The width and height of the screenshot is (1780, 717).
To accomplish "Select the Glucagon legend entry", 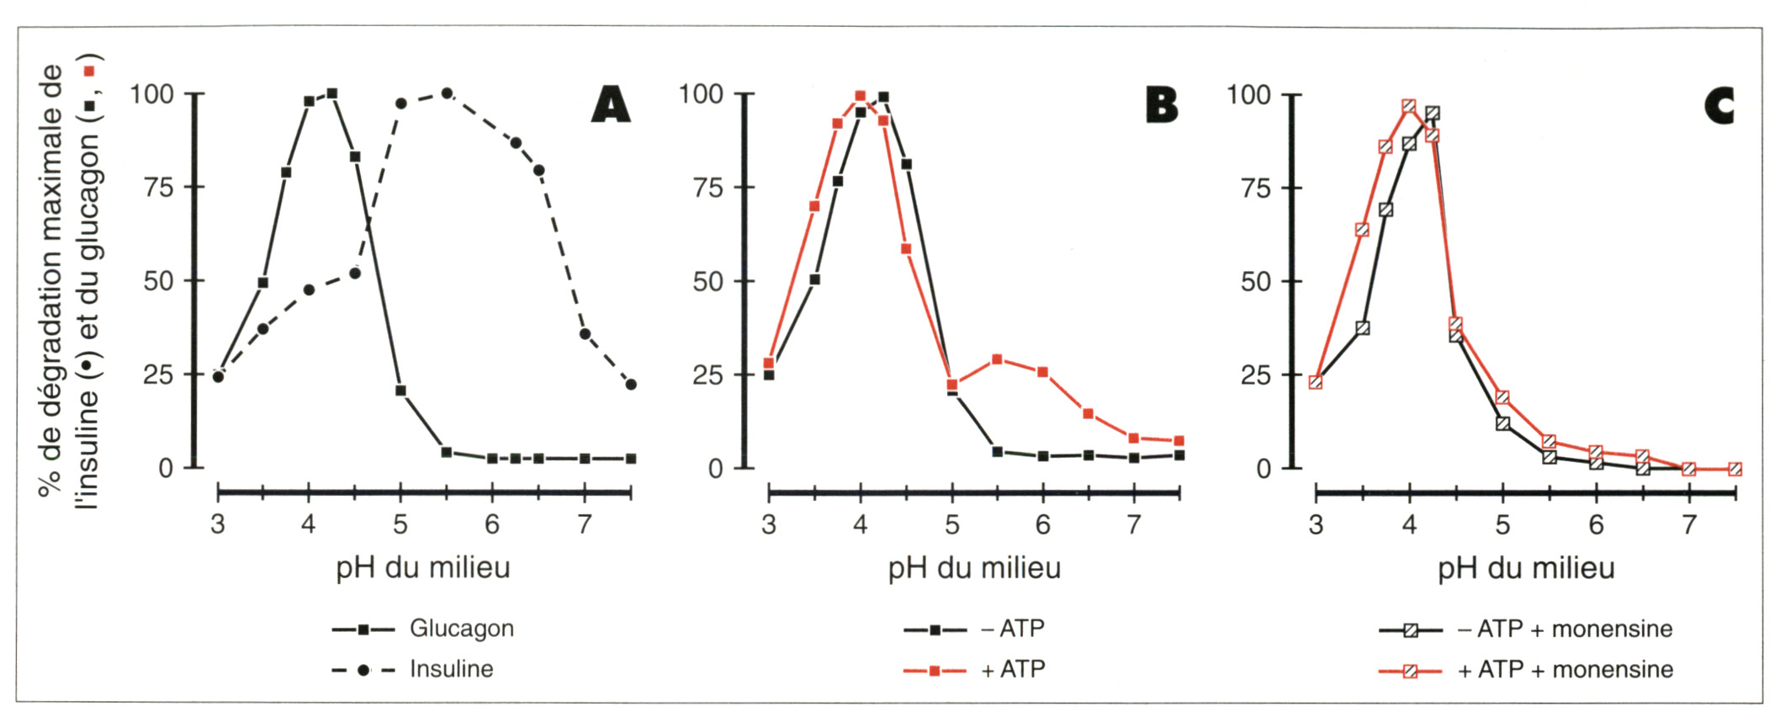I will (x=461, y=629).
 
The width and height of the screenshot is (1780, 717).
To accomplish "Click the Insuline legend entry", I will (x=451, y=670).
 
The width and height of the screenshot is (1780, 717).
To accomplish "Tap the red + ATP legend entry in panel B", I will (x=1013, y=670).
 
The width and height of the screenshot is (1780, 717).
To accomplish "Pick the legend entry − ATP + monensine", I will (x=1564, y=629).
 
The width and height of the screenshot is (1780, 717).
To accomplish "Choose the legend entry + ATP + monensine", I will (x=1565, y=670).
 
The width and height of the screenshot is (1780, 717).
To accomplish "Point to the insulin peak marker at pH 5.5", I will (x=447, y=93).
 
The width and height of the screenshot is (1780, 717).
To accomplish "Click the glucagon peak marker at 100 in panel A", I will (x=332, y=93).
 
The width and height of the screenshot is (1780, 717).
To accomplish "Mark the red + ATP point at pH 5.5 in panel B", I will (x=998, y=359).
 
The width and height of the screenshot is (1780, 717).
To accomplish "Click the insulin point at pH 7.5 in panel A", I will (x=631, y=385).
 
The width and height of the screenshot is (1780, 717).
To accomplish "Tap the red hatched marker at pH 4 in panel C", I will (x=1409, y=106).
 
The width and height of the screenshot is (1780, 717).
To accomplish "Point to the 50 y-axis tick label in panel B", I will (x=707, y=281).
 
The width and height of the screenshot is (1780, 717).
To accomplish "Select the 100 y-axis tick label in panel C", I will (x=1248, y=94).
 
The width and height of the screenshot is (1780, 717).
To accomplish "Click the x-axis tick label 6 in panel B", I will (x=1043, y=525).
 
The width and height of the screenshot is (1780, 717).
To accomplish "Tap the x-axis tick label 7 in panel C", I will (x=1688, y=525).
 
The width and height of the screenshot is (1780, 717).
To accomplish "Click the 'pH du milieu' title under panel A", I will (x=423, y=568).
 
